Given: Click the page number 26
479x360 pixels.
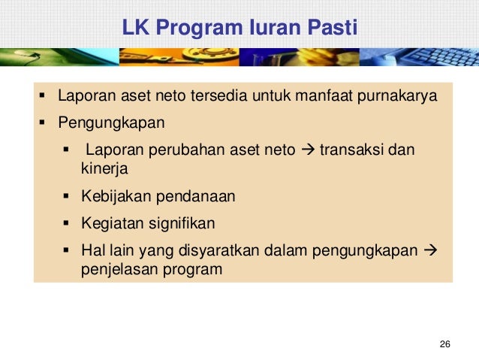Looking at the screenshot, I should pyautogui.click(x=444, y=343).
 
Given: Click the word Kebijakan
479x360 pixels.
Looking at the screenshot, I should pyautogui.click(x=116, y=197).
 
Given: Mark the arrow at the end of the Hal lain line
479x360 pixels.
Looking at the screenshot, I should pyautogui.click(x=431, y=249).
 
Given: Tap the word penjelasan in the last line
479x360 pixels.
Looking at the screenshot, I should pyautogui.click(x=116, y=268).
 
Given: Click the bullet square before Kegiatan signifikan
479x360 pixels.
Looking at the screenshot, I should pyautogui.click(x=67, y=223).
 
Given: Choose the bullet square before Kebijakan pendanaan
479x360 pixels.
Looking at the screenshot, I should pyautogui.click(x=67, y=197).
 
